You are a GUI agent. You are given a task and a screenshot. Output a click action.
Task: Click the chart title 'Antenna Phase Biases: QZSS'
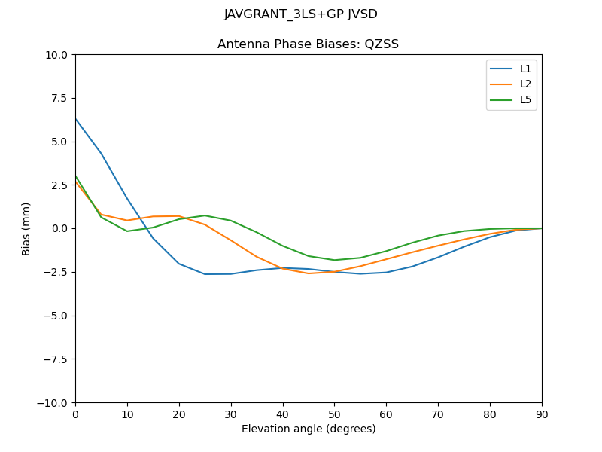(x=308, y=44)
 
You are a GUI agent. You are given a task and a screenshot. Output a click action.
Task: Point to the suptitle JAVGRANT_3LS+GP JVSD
(x=300, y=14)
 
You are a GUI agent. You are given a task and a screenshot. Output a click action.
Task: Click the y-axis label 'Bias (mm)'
(x=26, y=228)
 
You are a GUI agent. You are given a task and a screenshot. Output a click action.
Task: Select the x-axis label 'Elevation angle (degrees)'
(x=308, y=429)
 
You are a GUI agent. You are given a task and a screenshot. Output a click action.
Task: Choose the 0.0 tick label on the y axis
(x=59, y=228)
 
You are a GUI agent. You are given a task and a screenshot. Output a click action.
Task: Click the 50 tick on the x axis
(x=334, y=414)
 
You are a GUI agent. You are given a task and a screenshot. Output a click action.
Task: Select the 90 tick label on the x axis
(x=541, y=414)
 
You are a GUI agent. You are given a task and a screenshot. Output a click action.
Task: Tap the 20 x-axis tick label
(x=179, y=414)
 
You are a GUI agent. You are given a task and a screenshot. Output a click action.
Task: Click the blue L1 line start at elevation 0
(x=75, y=118)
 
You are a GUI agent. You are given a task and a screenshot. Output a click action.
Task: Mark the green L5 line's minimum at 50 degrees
(x=334, y=260)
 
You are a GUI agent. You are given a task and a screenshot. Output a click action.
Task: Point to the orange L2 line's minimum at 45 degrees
(x=309, y=273)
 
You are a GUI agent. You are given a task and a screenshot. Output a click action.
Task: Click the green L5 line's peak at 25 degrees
(x=205, y=215)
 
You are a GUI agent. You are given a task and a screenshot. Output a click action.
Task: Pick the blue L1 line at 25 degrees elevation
(x=205, y=274)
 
